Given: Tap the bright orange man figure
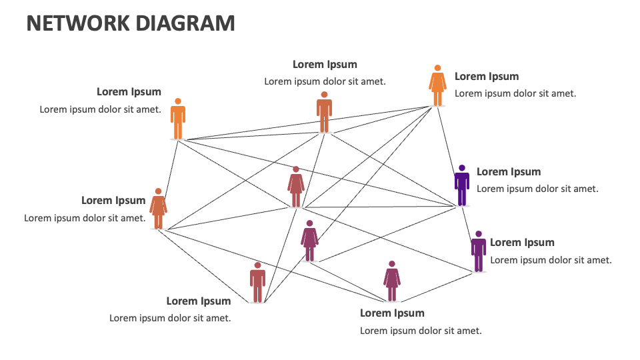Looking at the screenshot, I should [177, 119].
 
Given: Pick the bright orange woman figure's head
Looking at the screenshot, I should [437, 68].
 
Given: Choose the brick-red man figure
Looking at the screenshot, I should [258, 283].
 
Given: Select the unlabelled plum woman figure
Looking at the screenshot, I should [309, 241].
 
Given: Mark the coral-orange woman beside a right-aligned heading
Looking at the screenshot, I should [158, 209].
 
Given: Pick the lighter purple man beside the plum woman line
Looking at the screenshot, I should [478, 251].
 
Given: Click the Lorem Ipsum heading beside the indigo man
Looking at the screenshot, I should [509, 172].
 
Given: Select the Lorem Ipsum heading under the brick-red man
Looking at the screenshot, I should [199, 301].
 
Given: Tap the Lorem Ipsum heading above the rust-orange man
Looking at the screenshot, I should [325, 65].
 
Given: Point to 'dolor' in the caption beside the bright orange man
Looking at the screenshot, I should [110, 109].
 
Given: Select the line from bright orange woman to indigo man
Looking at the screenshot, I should [449, 153].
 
